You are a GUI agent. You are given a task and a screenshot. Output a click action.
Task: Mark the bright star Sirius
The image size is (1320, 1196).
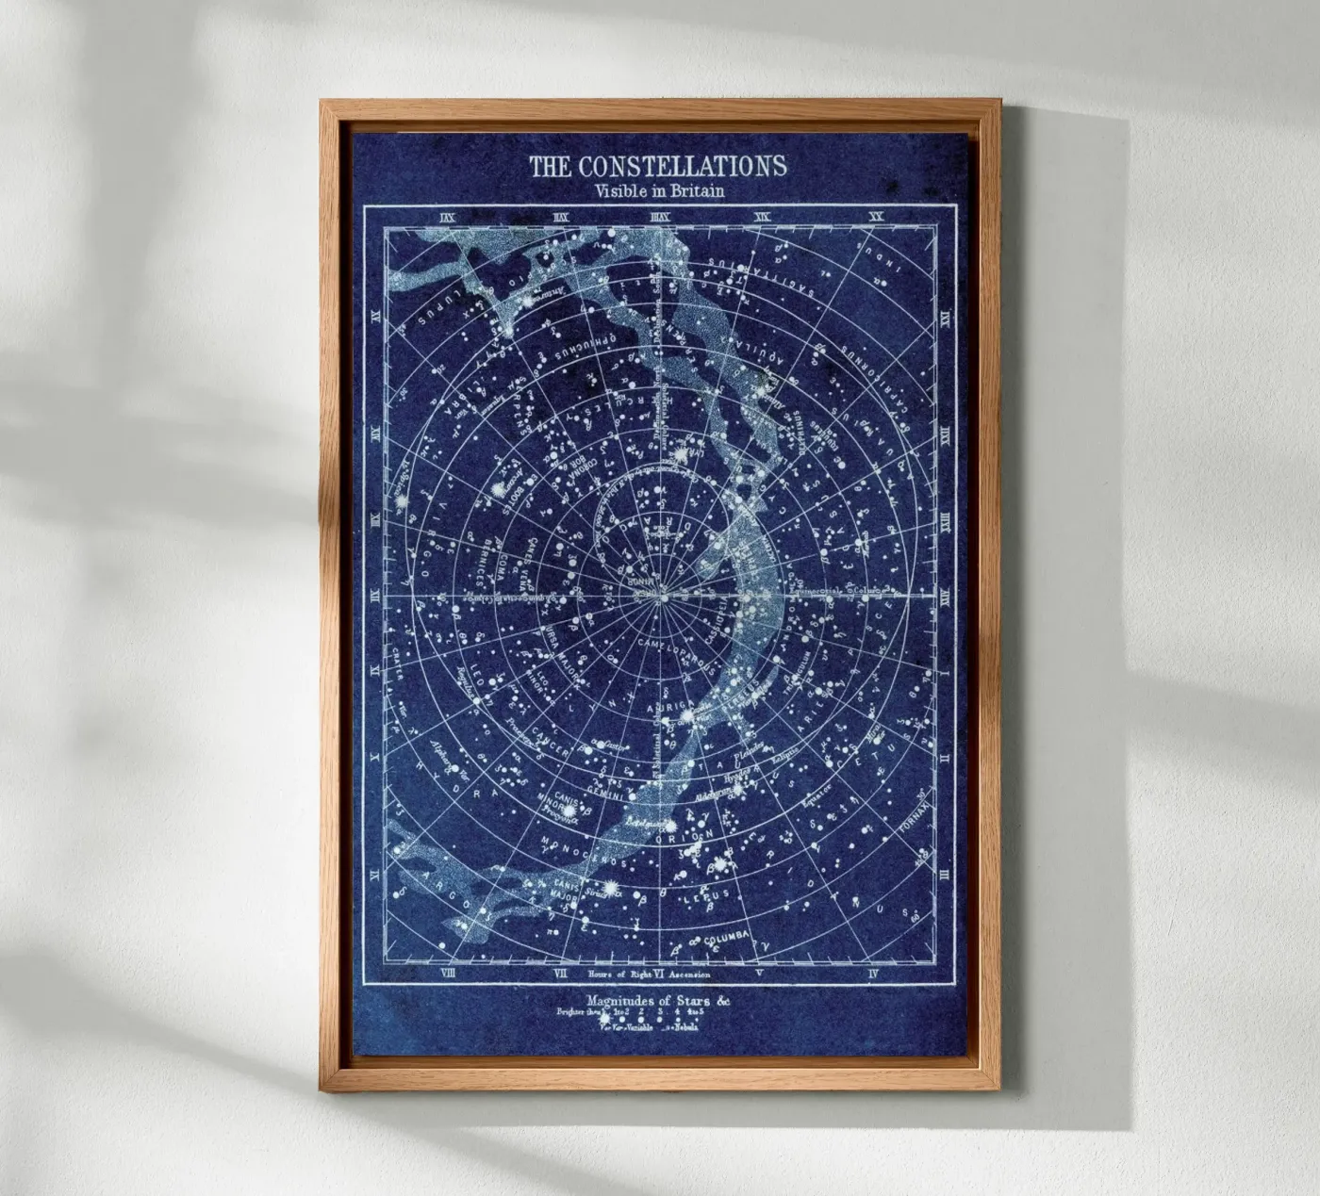coord(608,888)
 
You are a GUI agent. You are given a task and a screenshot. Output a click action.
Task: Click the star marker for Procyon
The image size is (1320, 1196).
coord(569,810)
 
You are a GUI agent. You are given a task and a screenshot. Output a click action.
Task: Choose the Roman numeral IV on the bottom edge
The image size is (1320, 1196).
coord(874,972)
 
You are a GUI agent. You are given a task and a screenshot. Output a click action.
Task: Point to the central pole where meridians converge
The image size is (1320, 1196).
coord(663,597)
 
